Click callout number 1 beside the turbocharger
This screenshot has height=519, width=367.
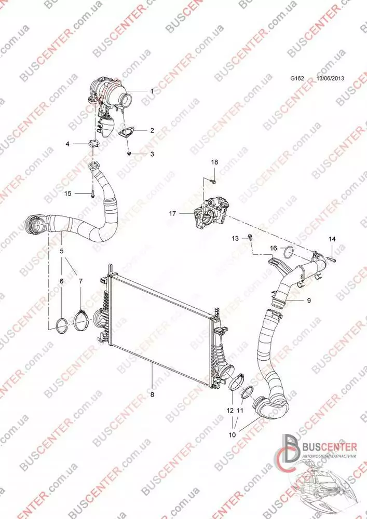pyautogui.click(x=152, y=91)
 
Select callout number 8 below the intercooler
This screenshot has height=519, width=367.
pyautogui.click(x=152, y=394)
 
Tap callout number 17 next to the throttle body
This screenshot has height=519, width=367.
pyautogui.click(x=172, y=213)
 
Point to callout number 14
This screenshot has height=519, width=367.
pyautogui.click(x=332, y=239)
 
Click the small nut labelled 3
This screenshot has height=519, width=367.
pyautogui.click(x=130, y=154)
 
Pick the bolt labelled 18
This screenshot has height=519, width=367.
pyautogui.click(x=213, y=181)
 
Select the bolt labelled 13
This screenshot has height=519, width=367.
pyautogui.click(x=250, y=237)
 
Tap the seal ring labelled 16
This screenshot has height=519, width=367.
pyautogui.click(x=288, y=252)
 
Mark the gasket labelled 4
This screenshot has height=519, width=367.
pyautogui.click(x=93, y=144)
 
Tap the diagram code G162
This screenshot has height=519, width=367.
pyautogui.click(x=297, y=78)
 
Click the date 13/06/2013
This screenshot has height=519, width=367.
pyautogui.click(x=331, y=78)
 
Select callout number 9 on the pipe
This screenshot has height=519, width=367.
pyautogui.click(x=309, y=300)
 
